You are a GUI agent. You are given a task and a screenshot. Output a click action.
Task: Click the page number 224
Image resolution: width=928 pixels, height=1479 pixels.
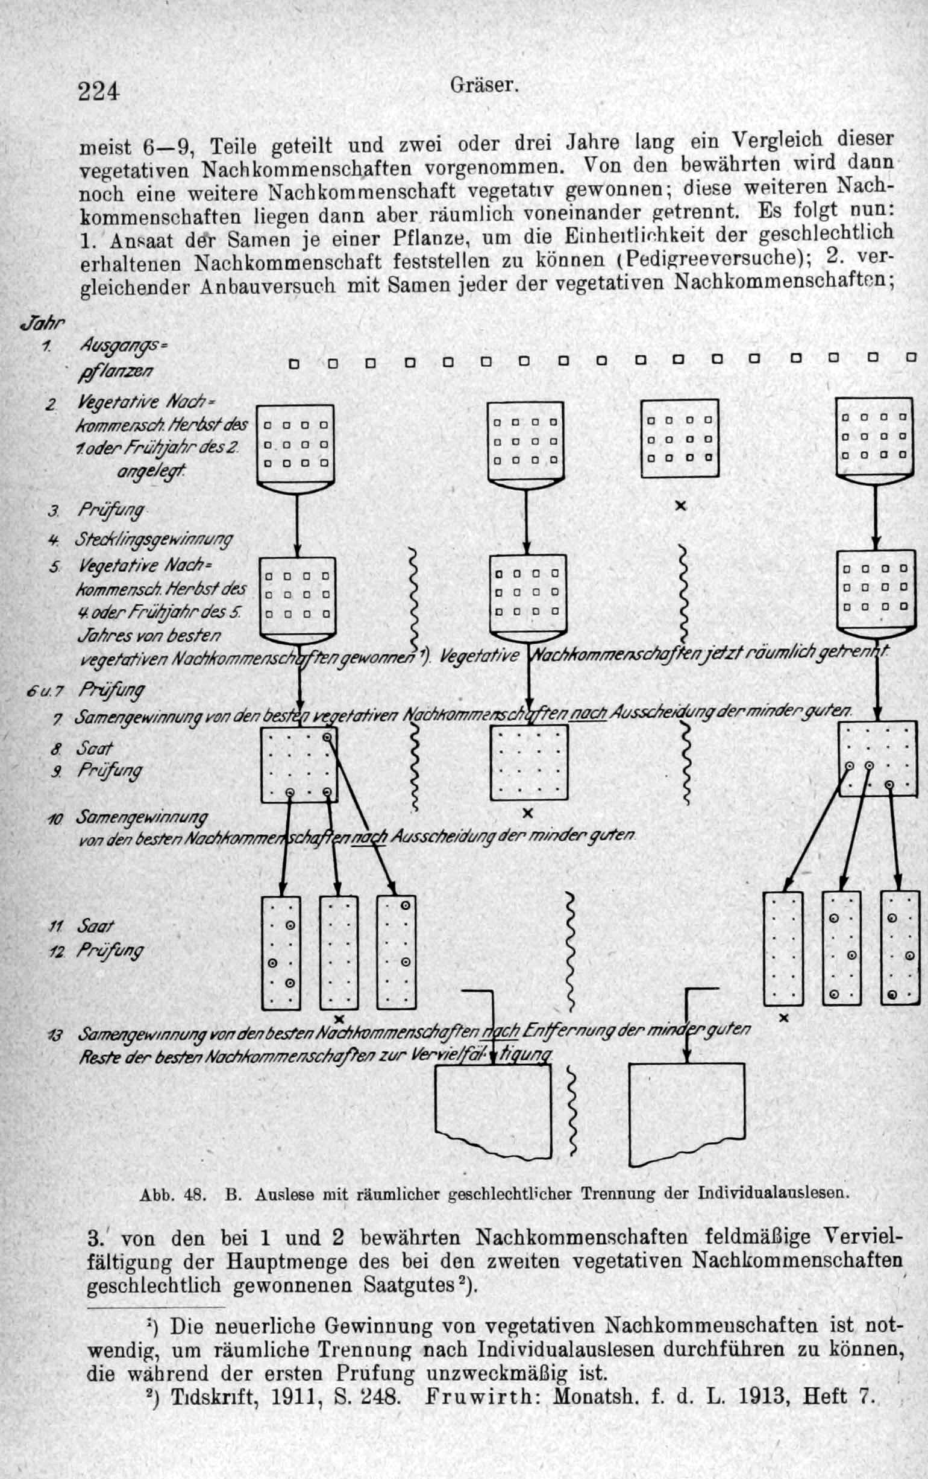[98, 92]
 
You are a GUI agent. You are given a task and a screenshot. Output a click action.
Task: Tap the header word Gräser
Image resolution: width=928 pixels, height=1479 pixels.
[485, 85]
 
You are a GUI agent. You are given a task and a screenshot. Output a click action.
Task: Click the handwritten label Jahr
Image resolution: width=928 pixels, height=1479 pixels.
[42, 322]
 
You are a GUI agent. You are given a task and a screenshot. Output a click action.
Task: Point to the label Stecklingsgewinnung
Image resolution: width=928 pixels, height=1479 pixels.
[154, 540]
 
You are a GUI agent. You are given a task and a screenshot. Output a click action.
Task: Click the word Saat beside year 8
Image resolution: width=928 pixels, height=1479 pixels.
[95, 748]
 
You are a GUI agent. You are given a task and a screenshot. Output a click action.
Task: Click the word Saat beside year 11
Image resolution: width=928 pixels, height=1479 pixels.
[96, 926]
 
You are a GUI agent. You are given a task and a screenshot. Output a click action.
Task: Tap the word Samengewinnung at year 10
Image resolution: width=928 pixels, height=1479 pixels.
[142, 817]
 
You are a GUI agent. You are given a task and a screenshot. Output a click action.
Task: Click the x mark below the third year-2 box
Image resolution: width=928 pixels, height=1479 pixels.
[680, 507]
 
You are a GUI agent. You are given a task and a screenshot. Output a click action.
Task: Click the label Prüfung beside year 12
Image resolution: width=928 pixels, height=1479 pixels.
[110, 951]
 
